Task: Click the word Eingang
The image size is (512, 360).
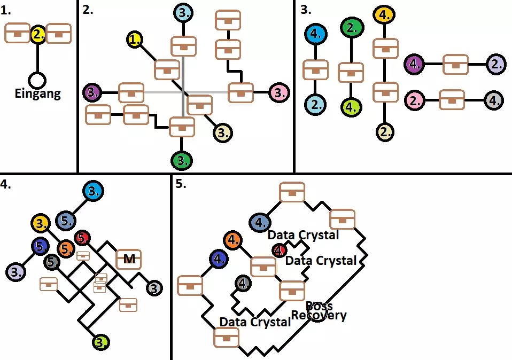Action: click(x=37, y=95)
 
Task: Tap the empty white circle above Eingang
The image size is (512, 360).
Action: click(x=36, y=80)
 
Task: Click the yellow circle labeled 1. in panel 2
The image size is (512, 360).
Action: click(x=136, y=39)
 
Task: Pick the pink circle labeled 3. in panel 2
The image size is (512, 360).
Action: click(x=278, y=92)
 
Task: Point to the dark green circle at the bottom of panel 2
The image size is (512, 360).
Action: click(x=182, y=160)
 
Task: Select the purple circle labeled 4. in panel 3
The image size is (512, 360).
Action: click(x=415, y=64)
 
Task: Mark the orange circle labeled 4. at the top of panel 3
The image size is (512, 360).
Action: click(x=384, y=15)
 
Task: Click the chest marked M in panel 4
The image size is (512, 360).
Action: click(x=129, y=259)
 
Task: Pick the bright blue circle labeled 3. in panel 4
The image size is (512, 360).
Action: click(x=93, y=191)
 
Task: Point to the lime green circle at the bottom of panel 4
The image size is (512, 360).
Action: click(x=100, y=341)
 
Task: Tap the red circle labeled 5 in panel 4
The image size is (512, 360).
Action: click(x=81, y=237)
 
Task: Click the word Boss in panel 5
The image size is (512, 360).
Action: click(x=319, y=306)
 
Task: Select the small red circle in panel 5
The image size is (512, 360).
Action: click(x=278, y=249)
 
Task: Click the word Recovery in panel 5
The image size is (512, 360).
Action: click(x=319, y=316)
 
